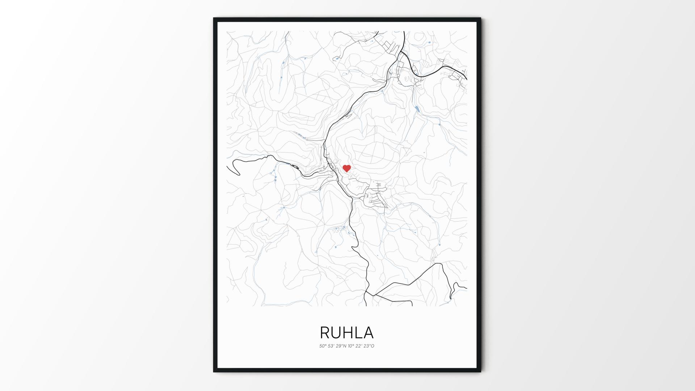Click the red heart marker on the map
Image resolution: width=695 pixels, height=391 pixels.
[347, 168]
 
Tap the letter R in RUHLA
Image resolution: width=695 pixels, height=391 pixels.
[325, 333]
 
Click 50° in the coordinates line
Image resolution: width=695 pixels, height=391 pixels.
[323, 346]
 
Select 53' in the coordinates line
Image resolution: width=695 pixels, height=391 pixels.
[331, 346]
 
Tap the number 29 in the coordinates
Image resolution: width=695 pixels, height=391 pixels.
[339, 346]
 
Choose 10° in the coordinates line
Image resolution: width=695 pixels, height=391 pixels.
[351, 346]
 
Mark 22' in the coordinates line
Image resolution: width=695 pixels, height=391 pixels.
[359, 346]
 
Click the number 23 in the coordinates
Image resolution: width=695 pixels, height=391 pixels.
[367, 346]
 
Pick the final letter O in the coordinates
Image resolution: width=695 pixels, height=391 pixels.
[372, 346]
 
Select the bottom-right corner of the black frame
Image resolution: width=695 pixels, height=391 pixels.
[480, 371]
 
